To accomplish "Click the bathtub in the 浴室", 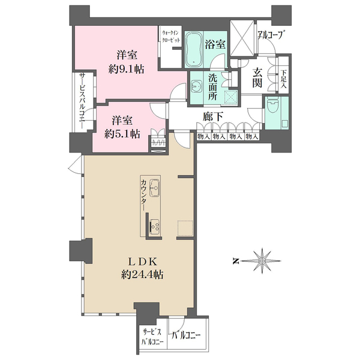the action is (194, 50).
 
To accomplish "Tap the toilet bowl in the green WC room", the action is (273, 107).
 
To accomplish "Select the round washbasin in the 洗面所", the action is (196, 86).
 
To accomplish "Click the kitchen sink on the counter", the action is (154, 188).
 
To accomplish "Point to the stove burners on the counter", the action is (154, 225).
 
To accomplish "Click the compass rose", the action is (262, 261).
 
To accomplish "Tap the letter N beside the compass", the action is (235, 261).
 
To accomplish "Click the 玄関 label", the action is (257, 78).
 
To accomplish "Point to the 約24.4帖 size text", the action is (142, 274).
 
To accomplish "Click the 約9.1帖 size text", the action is (126, 68).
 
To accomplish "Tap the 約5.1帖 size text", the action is (122, 134).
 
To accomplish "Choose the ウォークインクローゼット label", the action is (171, 37).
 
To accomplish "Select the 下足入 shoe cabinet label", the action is (284, 79).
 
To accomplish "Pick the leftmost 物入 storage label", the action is (203, 137).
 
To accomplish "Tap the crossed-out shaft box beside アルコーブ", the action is (242, 38).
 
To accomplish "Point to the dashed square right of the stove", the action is (185, 228).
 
